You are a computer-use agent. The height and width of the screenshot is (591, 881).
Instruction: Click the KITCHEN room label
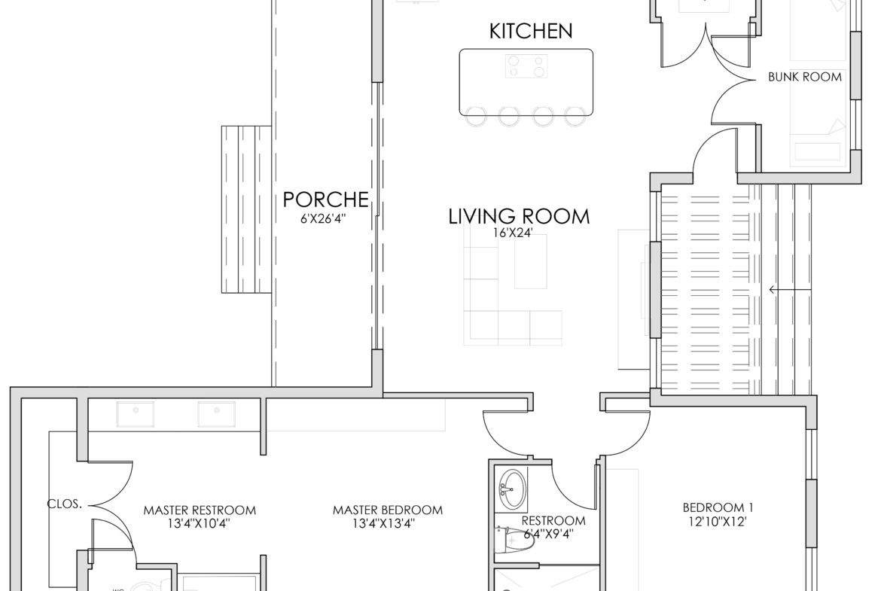click(x=530, y=31)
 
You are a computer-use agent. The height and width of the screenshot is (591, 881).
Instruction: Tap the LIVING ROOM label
click(x=519, y=216)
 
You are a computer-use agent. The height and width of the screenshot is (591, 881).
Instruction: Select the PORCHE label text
click(x=326, y=200)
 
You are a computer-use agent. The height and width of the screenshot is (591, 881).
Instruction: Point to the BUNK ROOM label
click(x=805, y=77)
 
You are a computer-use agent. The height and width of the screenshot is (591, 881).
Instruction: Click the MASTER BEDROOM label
click(x=388, y=510)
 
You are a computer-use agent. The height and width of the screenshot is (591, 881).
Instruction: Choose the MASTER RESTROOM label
click(x=200, y=510)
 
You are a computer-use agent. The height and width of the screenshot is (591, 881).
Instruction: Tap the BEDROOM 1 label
click(x=718, y=507)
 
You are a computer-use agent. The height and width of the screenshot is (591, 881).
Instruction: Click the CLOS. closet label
click(x=65, y=504)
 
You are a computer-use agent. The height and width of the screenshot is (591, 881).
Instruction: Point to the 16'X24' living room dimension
click(x=513, y=233)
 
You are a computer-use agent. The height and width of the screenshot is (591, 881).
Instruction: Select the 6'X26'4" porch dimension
click(x=323, y=218)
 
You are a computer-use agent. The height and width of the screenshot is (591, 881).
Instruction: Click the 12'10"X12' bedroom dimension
click(x=718, y=521)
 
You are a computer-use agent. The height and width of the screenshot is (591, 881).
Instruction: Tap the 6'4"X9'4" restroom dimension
click(x=548, y=534)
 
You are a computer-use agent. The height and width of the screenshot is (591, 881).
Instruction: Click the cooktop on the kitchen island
click(x=526, y=66)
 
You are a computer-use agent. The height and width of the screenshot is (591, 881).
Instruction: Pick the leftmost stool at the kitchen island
click(x=475, y=116)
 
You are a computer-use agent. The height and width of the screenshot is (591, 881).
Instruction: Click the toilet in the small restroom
click(x=512, y=541)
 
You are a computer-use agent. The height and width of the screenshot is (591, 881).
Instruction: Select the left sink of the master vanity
click(x=136, y=414)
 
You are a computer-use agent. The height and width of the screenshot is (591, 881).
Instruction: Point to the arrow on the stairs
click(x=790, y=290)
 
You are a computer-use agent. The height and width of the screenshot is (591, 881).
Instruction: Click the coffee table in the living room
click(x=530, y=261)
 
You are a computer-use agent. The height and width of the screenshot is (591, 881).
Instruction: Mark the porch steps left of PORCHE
click(x=246, y=209)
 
